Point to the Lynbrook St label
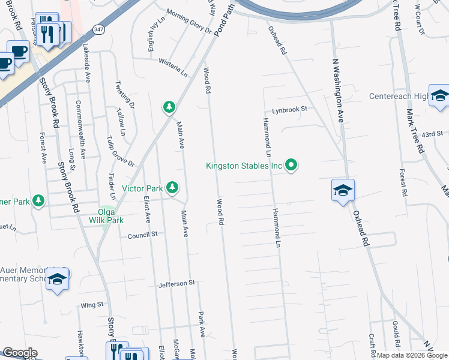pos(289,110)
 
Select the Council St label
pos(142,235)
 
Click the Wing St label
pos(92,305)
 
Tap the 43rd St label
pos(432,134)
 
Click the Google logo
pos(19,353)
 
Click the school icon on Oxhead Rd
pos(343,191)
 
